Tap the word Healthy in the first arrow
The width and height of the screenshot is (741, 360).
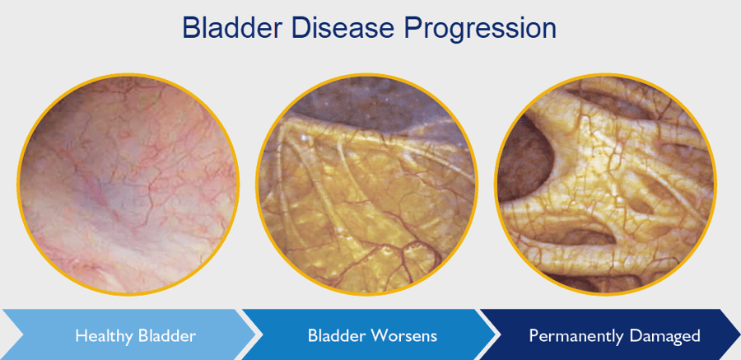point(102,336)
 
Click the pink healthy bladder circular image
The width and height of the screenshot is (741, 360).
point(128,185)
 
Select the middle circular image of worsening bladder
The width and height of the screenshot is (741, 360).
point(366,185)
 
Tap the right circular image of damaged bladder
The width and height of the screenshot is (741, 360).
point(605,185)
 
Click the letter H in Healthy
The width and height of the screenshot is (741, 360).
point(80,336)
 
